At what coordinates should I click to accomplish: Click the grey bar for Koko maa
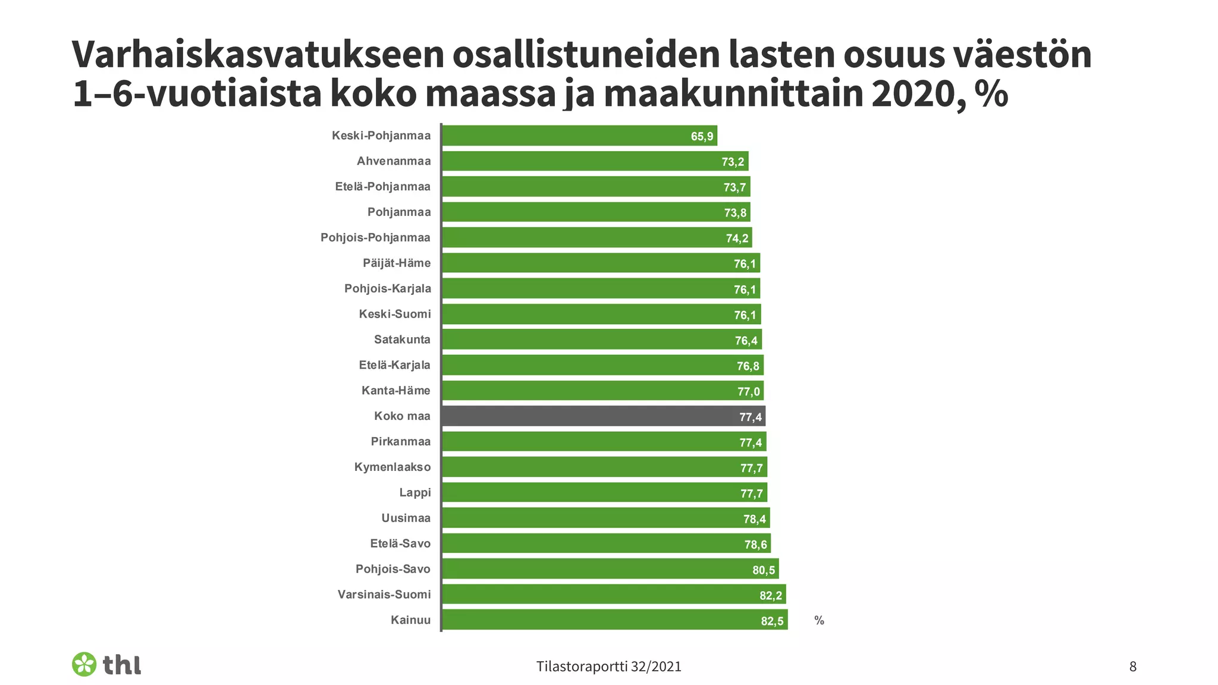pyautogui.click(x=603, y=416)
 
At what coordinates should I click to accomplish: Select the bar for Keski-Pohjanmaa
pyautogui.click(x=579, y=136)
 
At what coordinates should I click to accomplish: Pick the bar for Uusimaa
pyautogui.click(x=605, y=518)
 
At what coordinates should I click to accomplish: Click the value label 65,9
pyautogui.click(x=702, y=137)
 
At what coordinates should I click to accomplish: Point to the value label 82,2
pyautogui.click(x=771, y=596)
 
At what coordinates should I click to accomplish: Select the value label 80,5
pyautogui.click(x=764, y=570)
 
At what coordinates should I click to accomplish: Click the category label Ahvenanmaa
pyautogui.click(x=394, y=161)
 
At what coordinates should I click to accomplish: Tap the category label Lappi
pyautogui.click(x=415, y=492)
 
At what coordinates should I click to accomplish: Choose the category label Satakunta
pyautogui.click(x=402, y=340)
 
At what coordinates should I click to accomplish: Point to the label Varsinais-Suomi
pyautogui.click(x=384, y=594)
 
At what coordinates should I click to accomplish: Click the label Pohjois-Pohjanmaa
pyautogui.click(x=375, y=238)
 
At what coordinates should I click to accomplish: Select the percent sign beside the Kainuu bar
pyautogui.click(x=819, y=621)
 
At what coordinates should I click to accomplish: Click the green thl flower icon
pyautogui.click(x=84, y=664)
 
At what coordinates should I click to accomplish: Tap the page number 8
pyautogui.click(x=1132, y=667)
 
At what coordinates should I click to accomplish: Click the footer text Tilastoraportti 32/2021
pyautogui.click(x=608, y=667)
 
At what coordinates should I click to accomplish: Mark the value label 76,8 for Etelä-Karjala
pyautogui.click(x=748, y=366)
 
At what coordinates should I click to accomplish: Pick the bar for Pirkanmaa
pyautogui.click(x=604, y=442)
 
